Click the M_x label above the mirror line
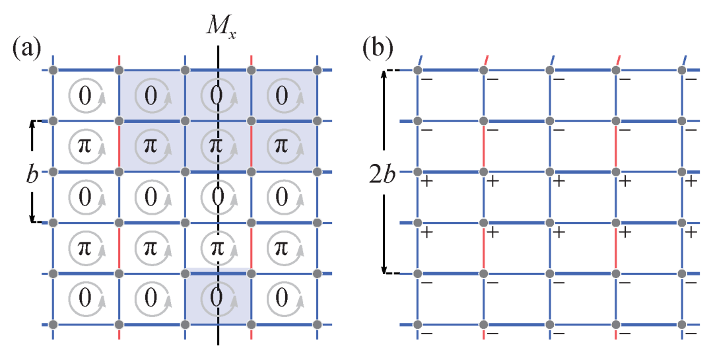[x=221, y=28]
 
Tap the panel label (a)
[x=27, y=48]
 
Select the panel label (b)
[x=378, y=48]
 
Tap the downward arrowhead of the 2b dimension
[x=384, y=270]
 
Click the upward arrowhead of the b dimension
[x=32, y=125]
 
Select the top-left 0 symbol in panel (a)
[x=85, y=96]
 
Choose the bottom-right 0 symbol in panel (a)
[x=282, y=298]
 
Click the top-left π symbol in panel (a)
[x=85, y=146]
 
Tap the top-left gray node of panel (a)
[x=53, y=71]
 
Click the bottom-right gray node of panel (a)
[x=317, y=324]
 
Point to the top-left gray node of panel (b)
[x=417, y=71]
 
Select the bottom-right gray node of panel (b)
[x=681, y=324]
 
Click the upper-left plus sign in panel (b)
[x=427, y=182]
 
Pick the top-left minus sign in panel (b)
[x=427, y=80]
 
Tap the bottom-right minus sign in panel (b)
[x=691, y=334]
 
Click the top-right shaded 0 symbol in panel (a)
[x=282, y=96]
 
